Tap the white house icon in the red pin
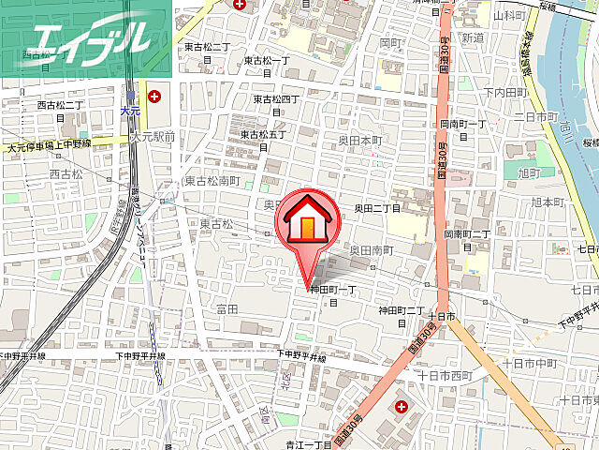pyautogui.click(x=305, y=222)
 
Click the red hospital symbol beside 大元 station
pyautogui.click(x=153, y=96)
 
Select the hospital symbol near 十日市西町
pyautogui.click(x=402, y=406)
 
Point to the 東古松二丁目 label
pyautogui.click(x=207, y=52)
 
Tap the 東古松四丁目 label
pyautogui.click(x=276, y=103)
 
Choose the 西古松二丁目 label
pyautogui.click(x=61, y=111)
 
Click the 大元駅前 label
pyautogui.click(x=153, y=137)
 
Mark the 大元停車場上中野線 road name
pyautogui.click(x=49, y=144)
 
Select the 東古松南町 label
pyautogui.click(x=212, y=181)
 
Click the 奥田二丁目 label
pyautogui.click(x=377, y=208)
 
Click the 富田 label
pyautogui.click(x=227, y=307)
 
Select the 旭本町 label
pyautogui.click(x=549, y=202)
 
